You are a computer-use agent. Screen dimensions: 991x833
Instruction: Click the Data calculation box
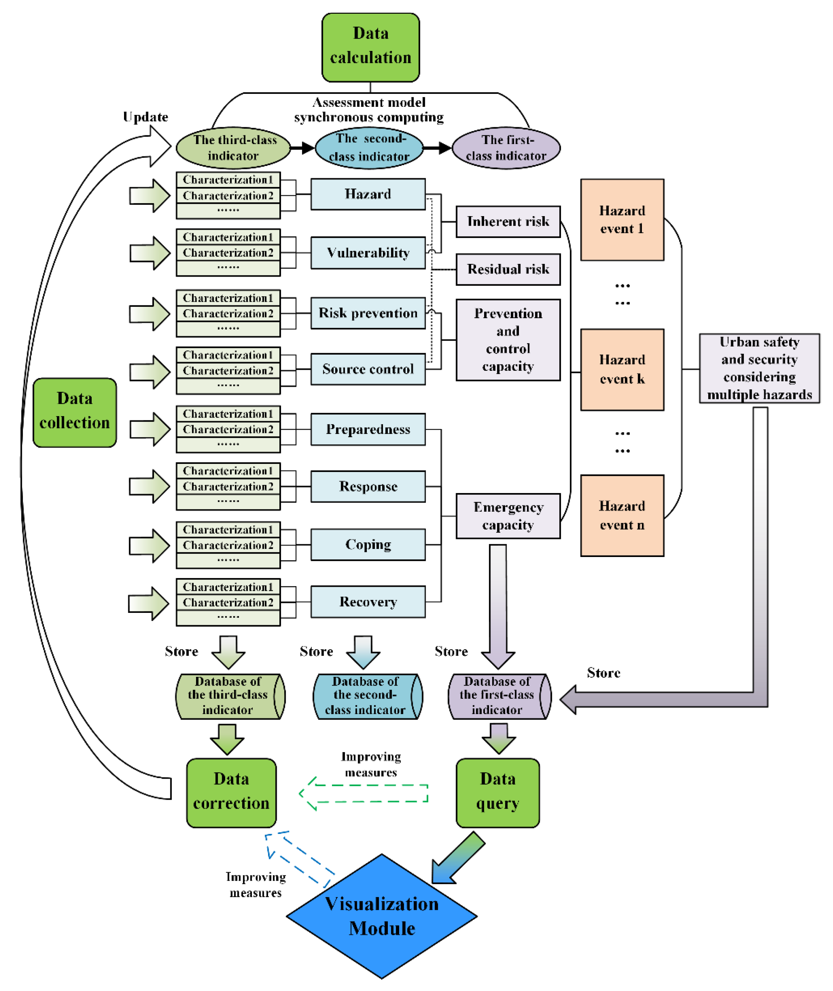coord(370,47)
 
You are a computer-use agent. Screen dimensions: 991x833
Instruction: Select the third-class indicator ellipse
coord(233,148)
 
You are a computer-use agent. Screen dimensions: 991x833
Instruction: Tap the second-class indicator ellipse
coord(369,148)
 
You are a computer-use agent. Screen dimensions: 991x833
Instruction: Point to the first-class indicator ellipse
coord(506,148)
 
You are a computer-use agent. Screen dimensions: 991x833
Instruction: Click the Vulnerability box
coord(368,253)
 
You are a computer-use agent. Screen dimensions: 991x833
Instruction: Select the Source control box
coord(368,369)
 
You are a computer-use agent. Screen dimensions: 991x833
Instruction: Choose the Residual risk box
coord(508,269)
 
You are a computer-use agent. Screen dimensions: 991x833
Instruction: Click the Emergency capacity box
coord(508,516)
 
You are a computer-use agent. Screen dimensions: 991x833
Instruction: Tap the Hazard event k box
coord(622,369)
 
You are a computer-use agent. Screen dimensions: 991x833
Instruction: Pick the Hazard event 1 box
coord(622,220)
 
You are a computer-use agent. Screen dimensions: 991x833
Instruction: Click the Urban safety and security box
coord(759,368)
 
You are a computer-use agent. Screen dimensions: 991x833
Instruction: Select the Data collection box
coord(74,412)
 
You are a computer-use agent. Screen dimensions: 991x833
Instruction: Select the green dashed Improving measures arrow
coord(364,794)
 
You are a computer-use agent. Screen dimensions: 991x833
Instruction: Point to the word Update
coord(145,117)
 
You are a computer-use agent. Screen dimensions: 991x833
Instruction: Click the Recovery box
coord(368,602)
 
